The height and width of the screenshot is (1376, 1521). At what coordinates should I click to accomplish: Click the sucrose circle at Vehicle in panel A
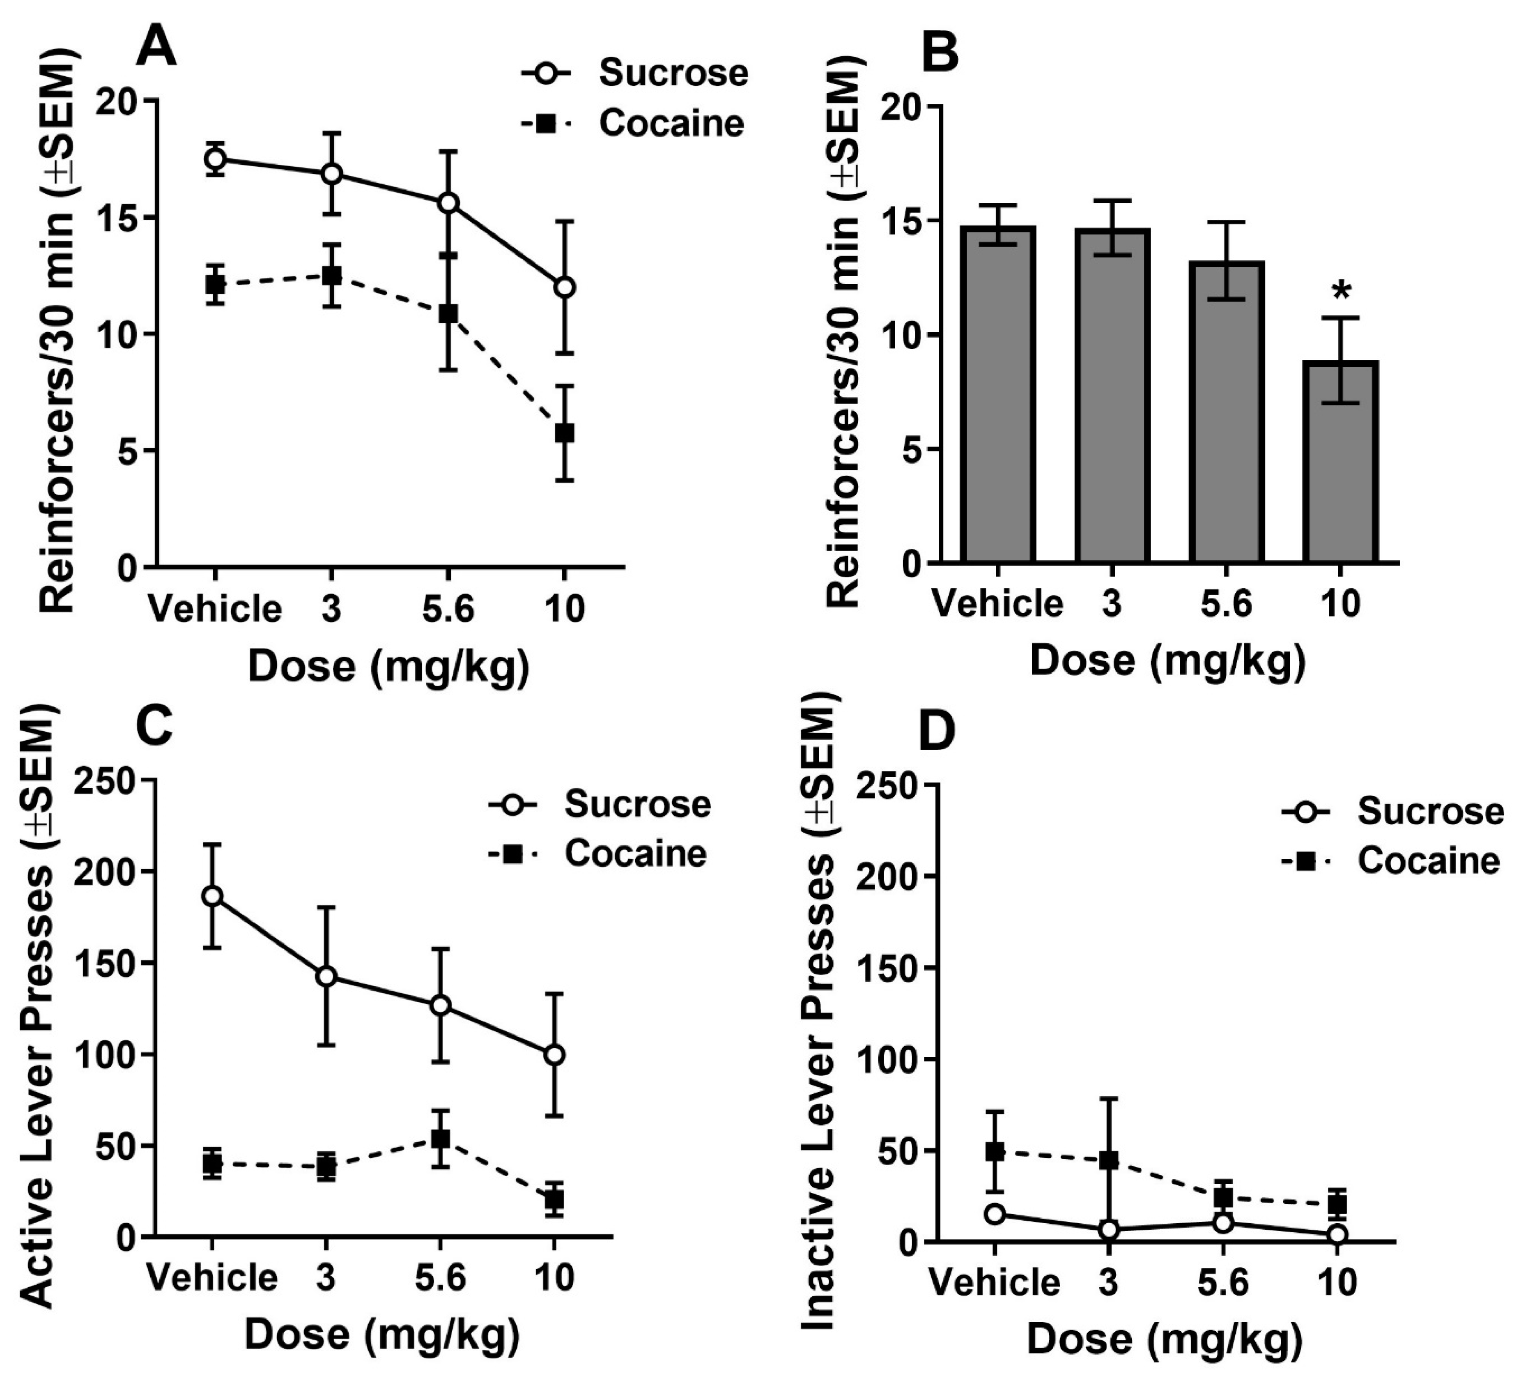tap(216, 159)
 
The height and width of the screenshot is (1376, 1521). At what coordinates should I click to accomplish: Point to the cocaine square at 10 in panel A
tap(564, 433)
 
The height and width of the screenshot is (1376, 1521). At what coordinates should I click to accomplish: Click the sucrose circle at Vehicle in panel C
tap(213, 896)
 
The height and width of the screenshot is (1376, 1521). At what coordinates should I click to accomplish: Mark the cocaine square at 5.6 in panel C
tap(440, 1138)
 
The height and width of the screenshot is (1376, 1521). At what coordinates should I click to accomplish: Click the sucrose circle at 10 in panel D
tap(1338, 1235)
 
